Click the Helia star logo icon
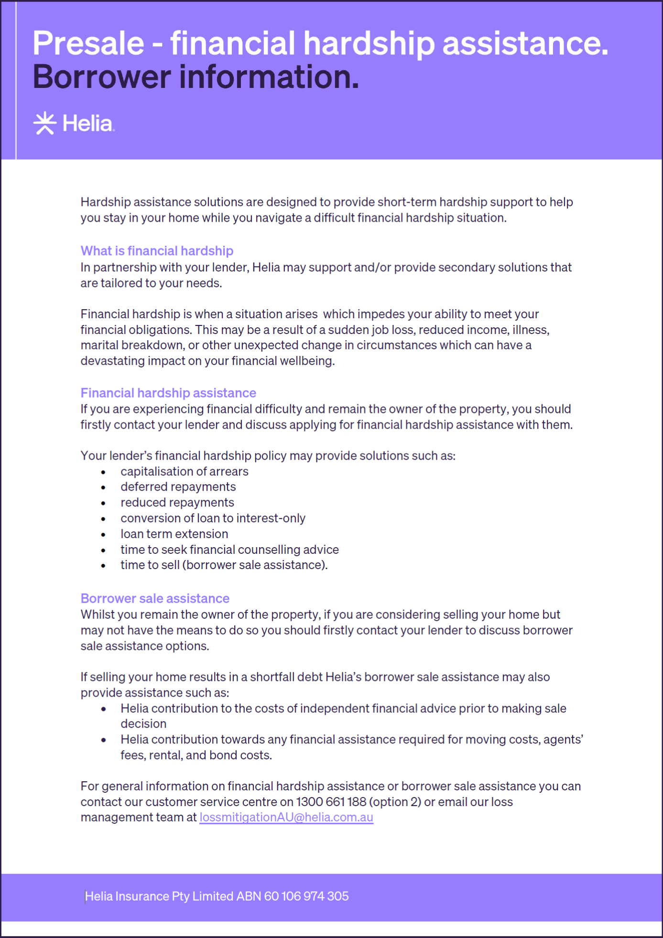44,123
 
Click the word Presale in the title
88,43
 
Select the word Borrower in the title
101,77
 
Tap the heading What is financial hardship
157,251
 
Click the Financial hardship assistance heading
168,393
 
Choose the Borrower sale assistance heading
155,598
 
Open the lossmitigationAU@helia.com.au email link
286,817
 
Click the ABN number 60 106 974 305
306,896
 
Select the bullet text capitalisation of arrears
184,472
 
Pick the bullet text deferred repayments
178,487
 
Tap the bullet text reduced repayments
177,503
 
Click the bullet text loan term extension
174,534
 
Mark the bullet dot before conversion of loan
103,519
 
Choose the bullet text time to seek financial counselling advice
229,550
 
